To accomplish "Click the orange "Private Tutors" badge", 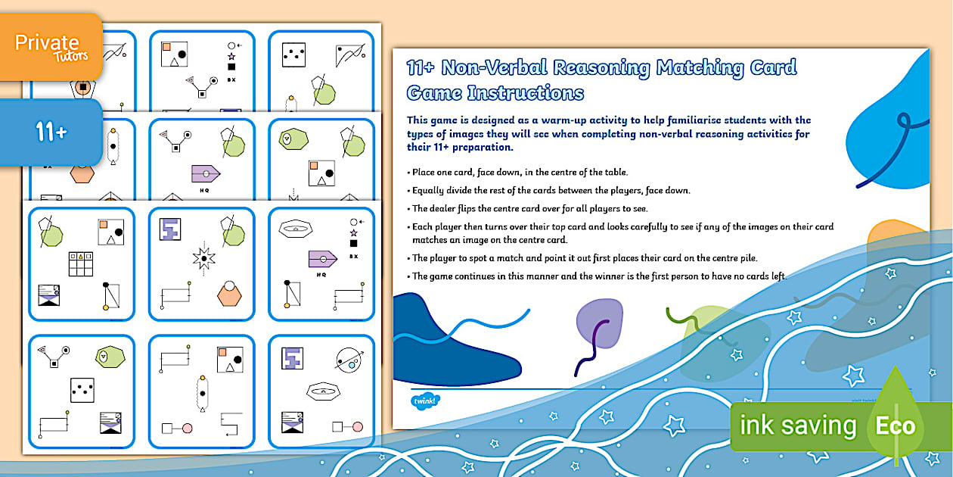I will click(x=51, y=46).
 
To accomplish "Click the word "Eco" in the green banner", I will click(x=895, y=425).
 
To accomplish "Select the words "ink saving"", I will click(x=797, y=426).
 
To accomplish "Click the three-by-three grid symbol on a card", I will click(x=81, y=263).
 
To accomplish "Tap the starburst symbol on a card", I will click(x=203, y=259).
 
